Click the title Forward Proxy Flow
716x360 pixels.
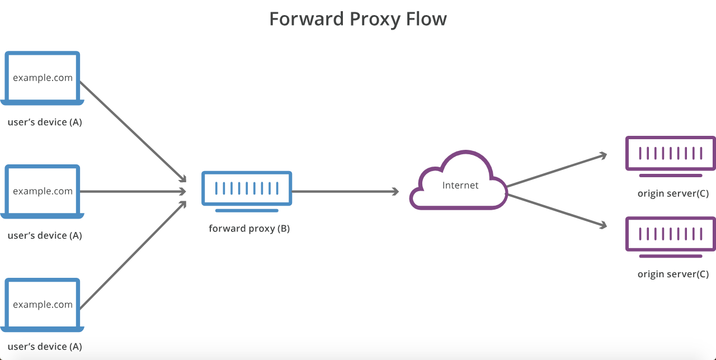click(x=358, y=19)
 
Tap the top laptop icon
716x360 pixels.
click(x=43, y=78)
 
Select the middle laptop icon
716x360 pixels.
click(x=43, y=191)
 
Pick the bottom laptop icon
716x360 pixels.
click(x=43, y=305)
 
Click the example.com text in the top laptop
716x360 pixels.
click(x=43, y=78)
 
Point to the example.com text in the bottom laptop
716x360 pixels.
click(x=43, y=305)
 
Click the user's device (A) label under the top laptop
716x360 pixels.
click(x=45, y=122)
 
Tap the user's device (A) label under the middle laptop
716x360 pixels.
click(x=45, y=235)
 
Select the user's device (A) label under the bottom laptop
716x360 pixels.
click(x=45, y=347)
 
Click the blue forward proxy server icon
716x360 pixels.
click(x=247, y=188)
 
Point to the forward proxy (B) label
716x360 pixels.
click(x=249, y=228)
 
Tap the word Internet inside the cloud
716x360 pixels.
click(x=460, y=185)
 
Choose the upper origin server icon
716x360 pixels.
click(x=670, y=153)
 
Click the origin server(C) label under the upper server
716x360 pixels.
click(x=673, y=193)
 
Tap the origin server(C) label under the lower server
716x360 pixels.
click(x=673, y=274)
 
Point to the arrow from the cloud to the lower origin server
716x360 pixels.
click(x=557, y=210)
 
